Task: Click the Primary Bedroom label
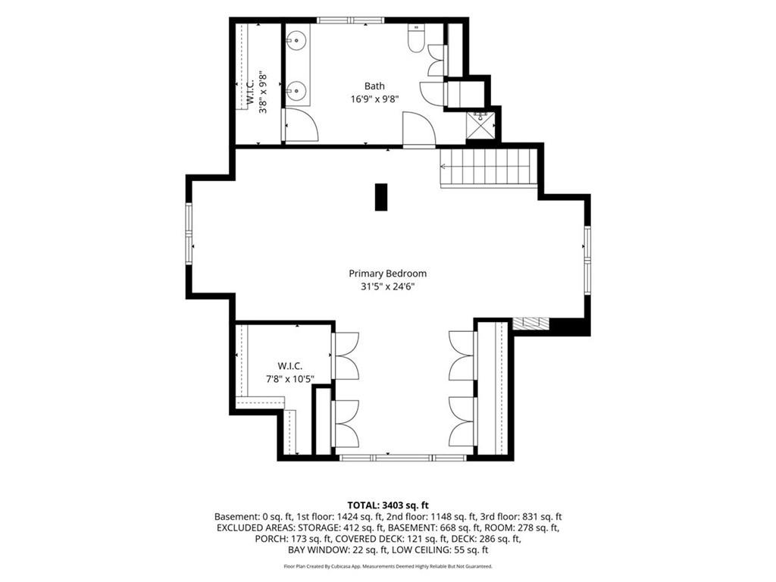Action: tap(387, 273)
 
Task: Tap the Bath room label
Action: tap(374, 86)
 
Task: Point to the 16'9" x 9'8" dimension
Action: tap(374, 99)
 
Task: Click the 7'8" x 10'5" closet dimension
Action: tap(290, 379)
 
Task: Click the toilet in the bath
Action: tap(416, 38)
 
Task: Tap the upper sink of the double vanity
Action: tap(296, 39)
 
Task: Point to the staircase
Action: tap(489, 167)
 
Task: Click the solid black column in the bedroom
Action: tap(380, 197)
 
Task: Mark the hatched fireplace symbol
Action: tap(531, 324)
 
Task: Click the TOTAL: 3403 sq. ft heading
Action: tap(388, 505)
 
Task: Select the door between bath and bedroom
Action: tap(419, 130)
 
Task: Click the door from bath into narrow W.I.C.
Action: tap(299, 125)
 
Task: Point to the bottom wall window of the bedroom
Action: tap(402, 458)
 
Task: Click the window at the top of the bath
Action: tap(351, 20)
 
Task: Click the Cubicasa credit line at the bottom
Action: tap(388, 566)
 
